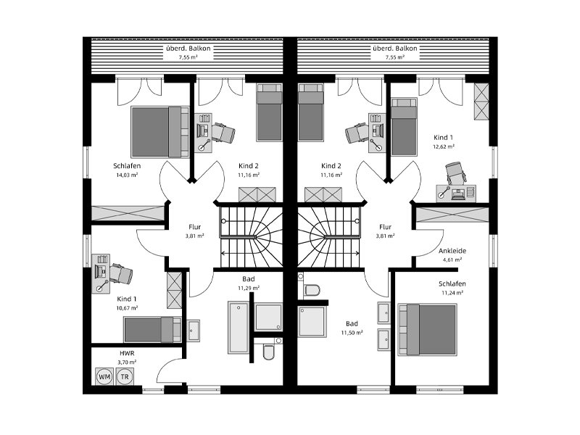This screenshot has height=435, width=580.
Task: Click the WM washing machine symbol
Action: (104, 376)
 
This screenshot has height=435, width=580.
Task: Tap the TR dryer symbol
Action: (125, 376)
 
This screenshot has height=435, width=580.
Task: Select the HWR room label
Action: (127, 354)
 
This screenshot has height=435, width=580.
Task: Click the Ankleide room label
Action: (452, 251)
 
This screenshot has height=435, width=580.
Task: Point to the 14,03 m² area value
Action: (127, 175)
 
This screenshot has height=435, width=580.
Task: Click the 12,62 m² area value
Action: (444, 146)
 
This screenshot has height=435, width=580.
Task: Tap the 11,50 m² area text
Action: (352, 333)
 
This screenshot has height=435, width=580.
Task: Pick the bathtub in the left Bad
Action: (239, 328)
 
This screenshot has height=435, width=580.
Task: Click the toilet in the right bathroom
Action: (312, 290)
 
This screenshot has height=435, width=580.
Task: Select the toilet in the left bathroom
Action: (268, 352)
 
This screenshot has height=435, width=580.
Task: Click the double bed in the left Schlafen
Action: (159, 132)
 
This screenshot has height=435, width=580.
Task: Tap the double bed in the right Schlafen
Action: (427, 330)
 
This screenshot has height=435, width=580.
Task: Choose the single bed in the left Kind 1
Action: (152, 330)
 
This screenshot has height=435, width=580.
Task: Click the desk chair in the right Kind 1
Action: (456, 173)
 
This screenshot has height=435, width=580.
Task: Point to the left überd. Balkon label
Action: (188, 49)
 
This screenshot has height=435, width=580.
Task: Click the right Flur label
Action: (385, 227)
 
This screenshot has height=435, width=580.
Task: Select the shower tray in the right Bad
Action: (312, 321)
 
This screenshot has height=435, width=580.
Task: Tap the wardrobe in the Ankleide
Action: (452, 215)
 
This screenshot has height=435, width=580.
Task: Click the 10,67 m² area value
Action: (127, 307)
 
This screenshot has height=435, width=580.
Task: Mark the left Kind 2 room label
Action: (248, 166)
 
